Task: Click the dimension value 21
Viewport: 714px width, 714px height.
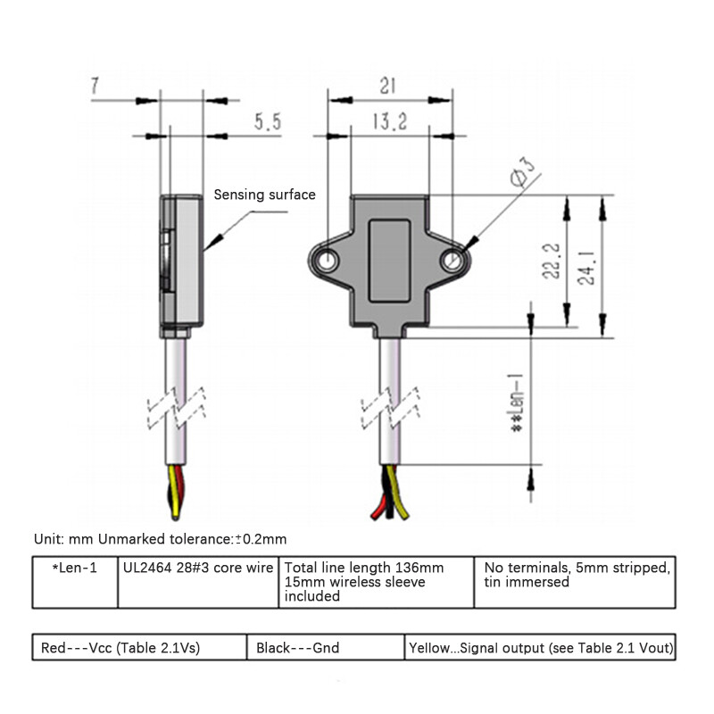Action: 387,86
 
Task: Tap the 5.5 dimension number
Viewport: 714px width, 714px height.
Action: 267,123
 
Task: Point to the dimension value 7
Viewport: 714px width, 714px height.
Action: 95,86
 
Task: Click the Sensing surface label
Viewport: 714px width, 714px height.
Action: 263,195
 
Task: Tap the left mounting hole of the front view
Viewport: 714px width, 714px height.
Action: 329,261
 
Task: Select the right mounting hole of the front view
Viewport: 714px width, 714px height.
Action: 454,262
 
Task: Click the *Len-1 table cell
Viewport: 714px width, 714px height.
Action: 74,567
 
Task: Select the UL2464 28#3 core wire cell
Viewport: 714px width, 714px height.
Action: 196,567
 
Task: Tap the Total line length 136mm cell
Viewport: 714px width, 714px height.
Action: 375,581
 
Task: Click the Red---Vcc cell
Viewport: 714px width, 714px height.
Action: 138,648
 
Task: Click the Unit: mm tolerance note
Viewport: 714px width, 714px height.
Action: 161,539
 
